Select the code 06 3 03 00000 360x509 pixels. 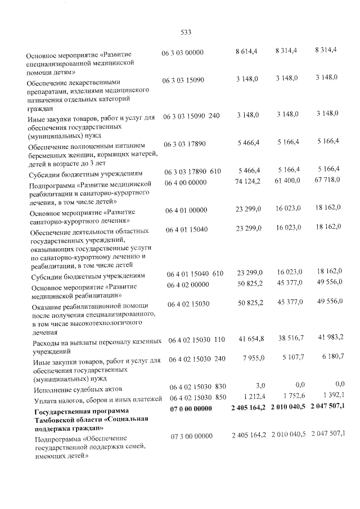183,52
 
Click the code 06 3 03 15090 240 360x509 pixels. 191,115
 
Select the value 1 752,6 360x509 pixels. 293,395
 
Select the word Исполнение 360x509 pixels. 54,390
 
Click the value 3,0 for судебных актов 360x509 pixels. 259,385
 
